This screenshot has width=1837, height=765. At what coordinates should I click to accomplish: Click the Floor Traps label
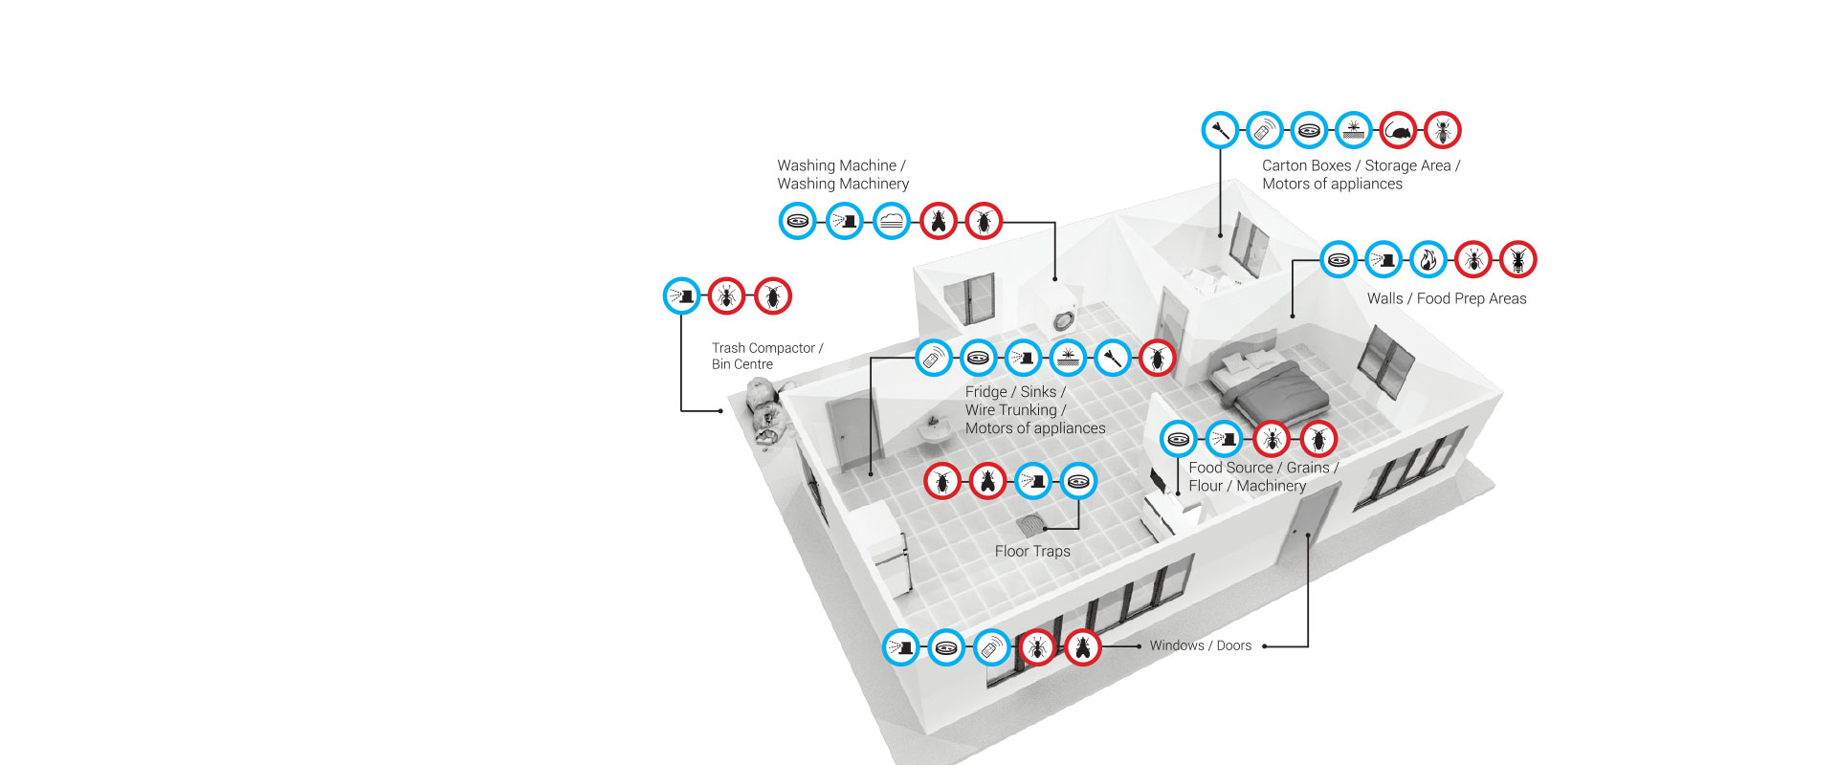click(1032, 552)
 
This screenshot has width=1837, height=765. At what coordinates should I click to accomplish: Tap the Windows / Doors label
click(1200, 646)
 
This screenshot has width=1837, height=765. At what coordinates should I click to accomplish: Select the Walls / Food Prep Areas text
click(1446, 299)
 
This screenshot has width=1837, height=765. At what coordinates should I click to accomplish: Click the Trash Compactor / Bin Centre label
click(766, 356)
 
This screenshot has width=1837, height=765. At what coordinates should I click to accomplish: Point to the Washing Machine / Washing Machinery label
click(842, 175)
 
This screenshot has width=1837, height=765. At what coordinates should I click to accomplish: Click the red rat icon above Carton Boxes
click(1398, 131)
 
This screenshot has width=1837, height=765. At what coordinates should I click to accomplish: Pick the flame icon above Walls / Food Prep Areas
click(1428, 260)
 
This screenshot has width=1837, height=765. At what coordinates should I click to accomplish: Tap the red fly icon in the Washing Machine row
click(938, 222)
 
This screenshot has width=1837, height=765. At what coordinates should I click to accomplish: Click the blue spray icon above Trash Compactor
click(681, 296)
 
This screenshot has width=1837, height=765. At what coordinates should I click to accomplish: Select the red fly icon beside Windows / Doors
click(1082, 647)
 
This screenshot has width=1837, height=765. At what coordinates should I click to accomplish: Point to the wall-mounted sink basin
click(934, 431)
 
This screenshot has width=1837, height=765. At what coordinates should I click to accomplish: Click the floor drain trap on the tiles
click(1031, 524)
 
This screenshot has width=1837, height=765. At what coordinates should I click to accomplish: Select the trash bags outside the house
click(764, 411)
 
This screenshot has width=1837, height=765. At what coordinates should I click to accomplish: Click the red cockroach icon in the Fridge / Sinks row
click(1158, 359)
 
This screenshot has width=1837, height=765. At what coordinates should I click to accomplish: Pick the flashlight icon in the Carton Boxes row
click(1220, 131)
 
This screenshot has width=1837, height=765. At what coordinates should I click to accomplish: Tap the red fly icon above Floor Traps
click(987, 481)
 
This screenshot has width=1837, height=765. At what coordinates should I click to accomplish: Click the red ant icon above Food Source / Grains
click(1272, 440)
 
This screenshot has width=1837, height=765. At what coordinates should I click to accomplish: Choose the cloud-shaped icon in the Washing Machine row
click(891, 222)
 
